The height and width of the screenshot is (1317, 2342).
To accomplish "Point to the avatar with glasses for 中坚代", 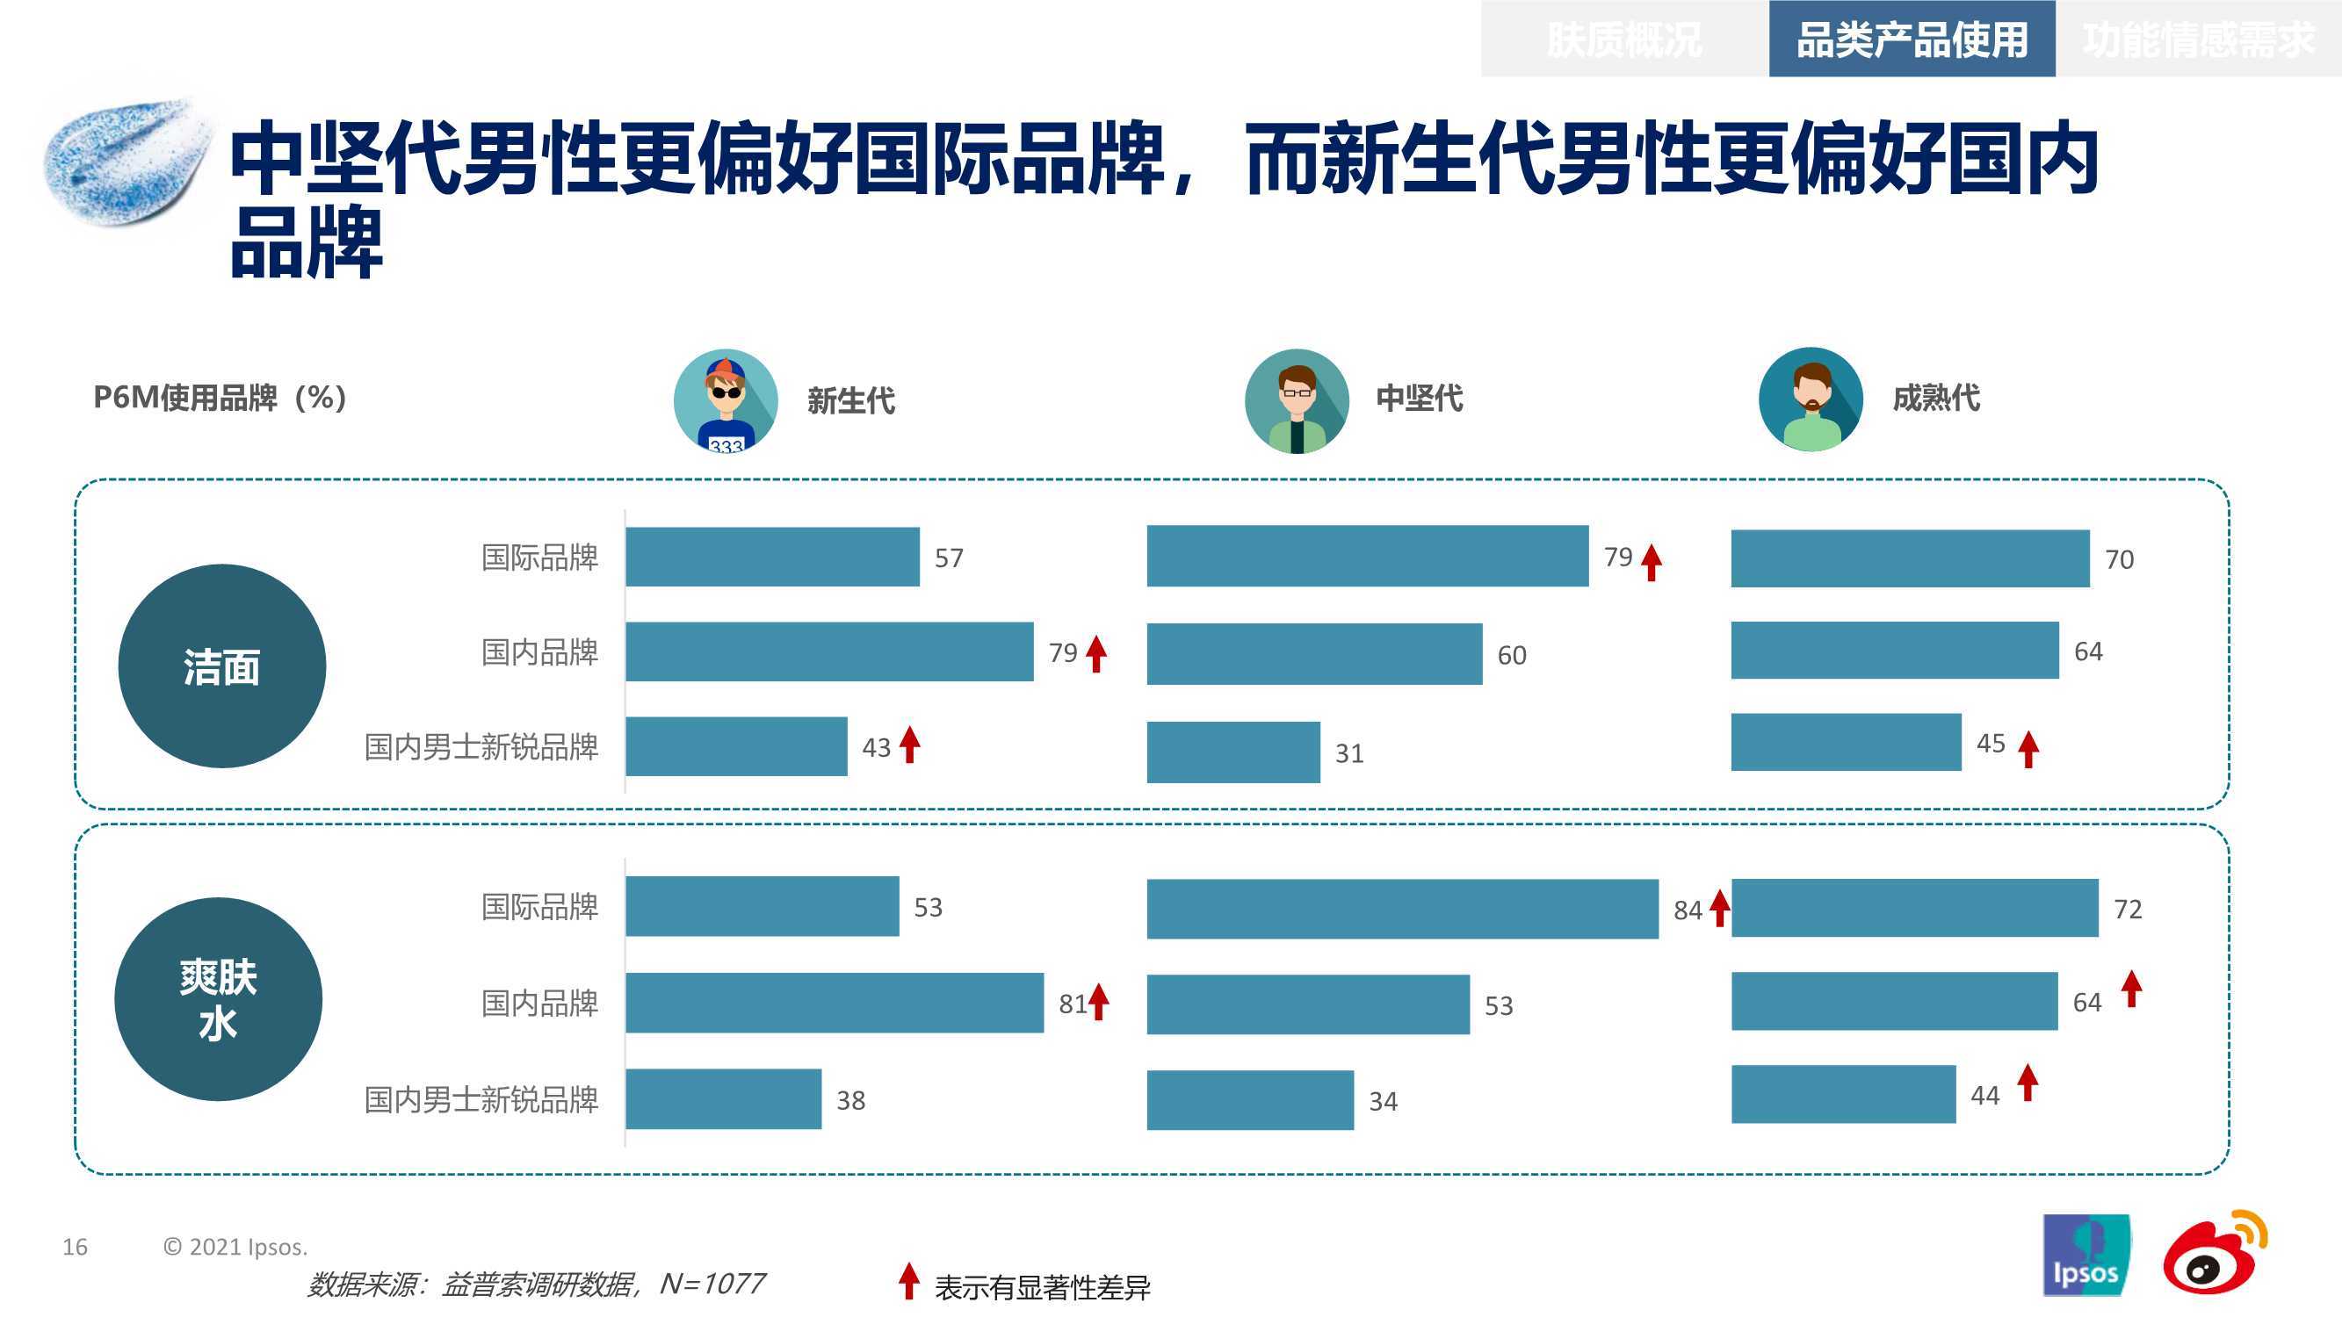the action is pyautogui.click(x=1297, y=401).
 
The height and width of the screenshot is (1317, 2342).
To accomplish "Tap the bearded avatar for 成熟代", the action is pyautogui.click(x=1811, y=399).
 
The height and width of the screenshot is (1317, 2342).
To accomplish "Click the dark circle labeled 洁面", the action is pyautogui.click(x=222, y=666).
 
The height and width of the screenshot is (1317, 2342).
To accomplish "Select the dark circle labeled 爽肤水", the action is pyautogui.click(x=218, y=999).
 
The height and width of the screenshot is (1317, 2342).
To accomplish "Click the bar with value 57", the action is pyautogui.click(x=773, y=557).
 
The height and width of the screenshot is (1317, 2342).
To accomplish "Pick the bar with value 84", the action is pyautogui.click(x=1403, y=909).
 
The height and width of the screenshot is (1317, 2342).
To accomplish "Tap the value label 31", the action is pyautogui.click(x=1349, y=753).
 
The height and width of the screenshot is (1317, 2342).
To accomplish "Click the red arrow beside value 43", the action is pyautogui.click(x=910, y=745).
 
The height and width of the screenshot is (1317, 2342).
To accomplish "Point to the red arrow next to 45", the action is pyautogui.click(x=2028, y=750).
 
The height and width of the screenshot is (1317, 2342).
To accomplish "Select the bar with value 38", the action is pyautogui.click(x=724, y=1099).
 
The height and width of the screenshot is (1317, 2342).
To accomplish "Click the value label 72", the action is pyautogui.click(x=2129, y=909).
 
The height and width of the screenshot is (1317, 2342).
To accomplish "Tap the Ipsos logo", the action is pyautogui.click(x=2085, y=1256).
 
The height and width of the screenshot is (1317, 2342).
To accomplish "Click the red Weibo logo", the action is pyautogui.click(x=2215, y=1251).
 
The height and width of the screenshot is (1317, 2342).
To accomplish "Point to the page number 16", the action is pyautogui.click(x=76, y=1247).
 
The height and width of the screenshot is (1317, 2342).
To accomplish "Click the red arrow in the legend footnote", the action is pyautogui.click(x=908, y=1281).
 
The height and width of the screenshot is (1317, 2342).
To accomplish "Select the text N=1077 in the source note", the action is pyautogui.click(x=712, y=1284).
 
